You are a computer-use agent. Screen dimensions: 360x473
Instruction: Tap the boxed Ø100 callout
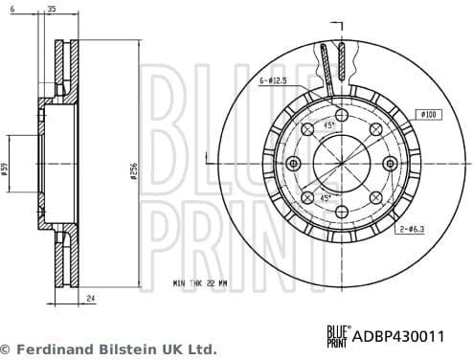(x=428, y=114)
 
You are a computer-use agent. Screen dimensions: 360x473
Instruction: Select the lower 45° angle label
(x=326, y=197)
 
